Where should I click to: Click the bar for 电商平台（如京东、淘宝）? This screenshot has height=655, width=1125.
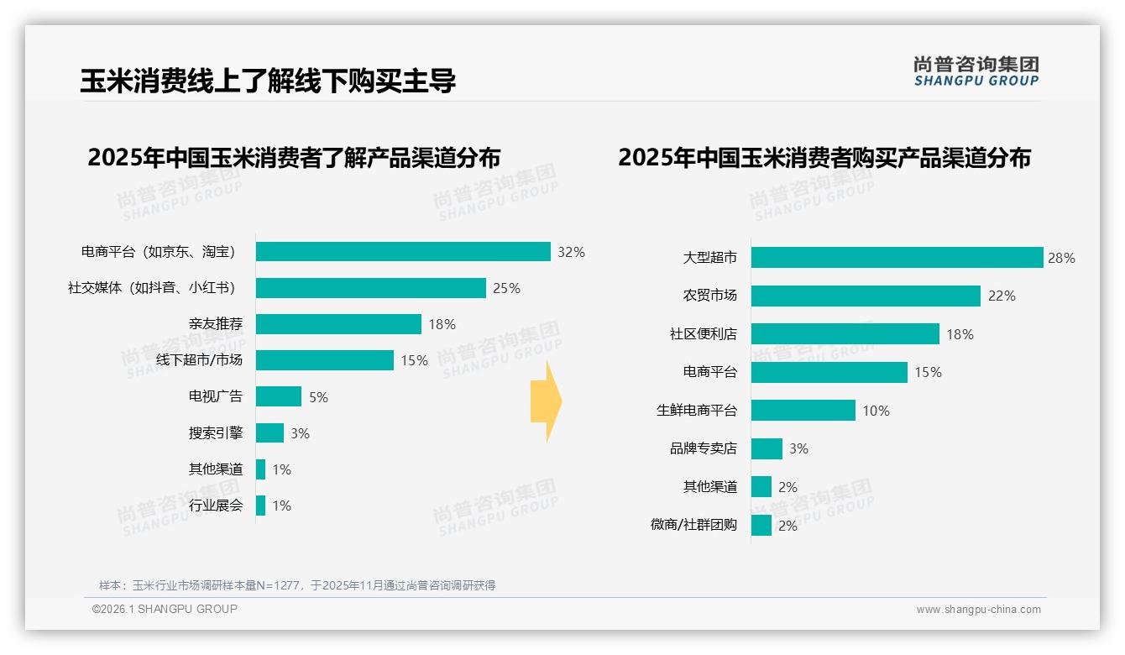(403, 252)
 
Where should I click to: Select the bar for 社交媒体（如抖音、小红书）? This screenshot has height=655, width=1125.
(371, 288)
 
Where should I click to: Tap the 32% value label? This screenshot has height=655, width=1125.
(571, 252)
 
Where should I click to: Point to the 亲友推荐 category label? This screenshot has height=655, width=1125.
(216, 324)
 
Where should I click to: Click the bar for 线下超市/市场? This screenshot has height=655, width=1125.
(325, 360)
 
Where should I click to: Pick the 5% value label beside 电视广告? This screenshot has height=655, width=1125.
(318, 397)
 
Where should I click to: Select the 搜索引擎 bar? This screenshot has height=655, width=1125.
(270, 433)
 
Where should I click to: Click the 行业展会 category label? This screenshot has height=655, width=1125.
(216, 506)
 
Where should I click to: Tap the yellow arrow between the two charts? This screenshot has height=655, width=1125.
(547, 401)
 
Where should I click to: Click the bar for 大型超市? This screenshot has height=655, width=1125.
(897, 258)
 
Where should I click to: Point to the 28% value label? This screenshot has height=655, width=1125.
(1061, 258)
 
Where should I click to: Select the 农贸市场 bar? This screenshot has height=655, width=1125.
(866, 296)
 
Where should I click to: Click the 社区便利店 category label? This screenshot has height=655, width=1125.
(704, 334)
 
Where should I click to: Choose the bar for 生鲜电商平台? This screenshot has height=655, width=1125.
(803, 411)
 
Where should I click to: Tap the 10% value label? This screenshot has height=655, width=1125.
(876, 411)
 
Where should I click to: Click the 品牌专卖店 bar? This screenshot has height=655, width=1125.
(767, 448)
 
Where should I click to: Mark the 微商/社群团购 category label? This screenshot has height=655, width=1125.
(693, 525)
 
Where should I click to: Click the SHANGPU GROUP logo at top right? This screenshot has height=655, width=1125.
(976, 71)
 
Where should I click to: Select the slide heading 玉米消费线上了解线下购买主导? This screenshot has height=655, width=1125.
(268, 81)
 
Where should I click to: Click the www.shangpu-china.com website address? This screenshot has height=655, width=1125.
(978, 610)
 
